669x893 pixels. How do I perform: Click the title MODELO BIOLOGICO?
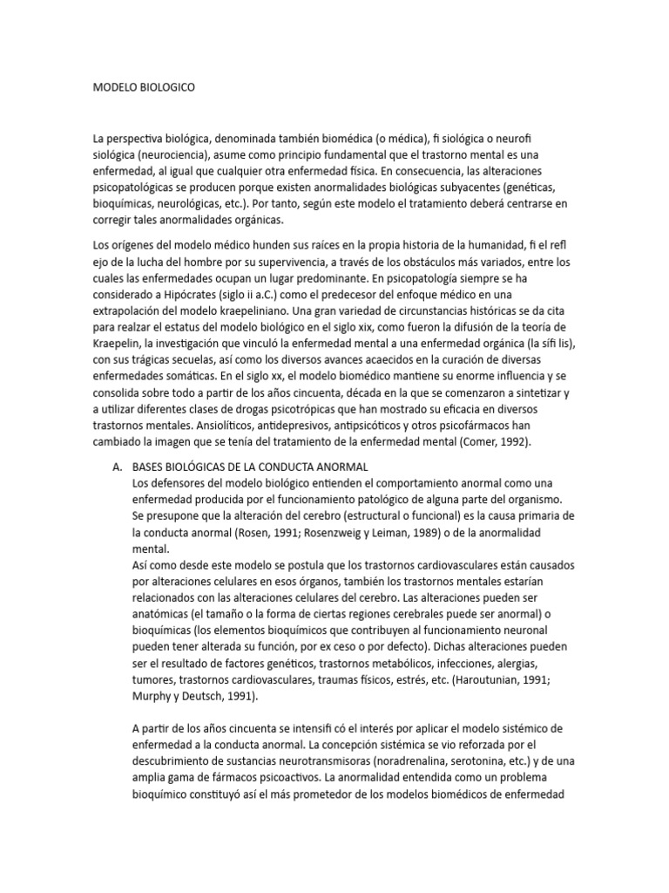click(144, 88)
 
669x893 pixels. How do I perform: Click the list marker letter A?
click(117, 467)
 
